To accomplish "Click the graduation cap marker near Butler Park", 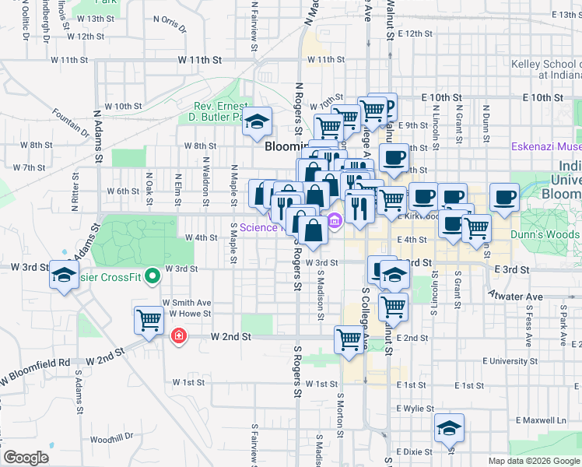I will point(258,122).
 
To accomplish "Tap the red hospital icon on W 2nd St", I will point(178,335).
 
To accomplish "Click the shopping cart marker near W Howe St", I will point(148,319).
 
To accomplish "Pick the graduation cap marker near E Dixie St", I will point(449,428).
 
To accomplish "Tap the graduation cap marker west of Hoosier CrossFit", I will point(64,275).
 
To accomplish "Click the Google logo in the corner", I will point(26,457).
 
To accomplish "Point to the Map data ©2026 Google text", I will point(533,461).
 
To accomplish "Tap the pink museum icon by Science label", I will point(335,221).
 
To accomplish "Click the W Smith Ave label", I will point(187,302).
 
